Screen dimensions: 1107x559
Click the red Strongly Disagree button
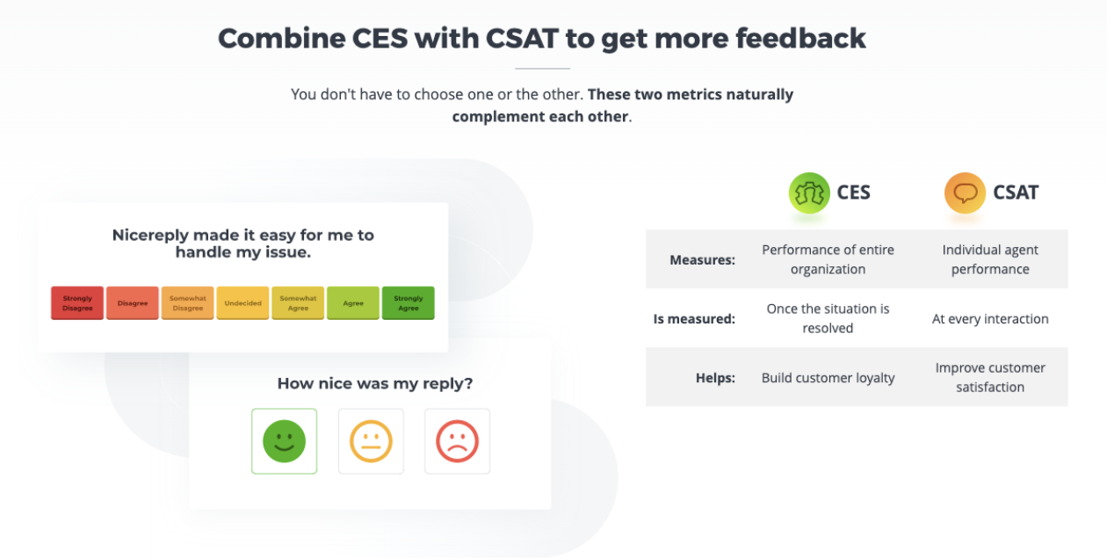click(x=77, y=303)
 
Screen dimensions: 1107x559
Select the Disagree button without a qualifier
click(x=133, y=303)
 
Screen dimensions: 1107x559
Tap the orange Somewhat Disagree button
click(x=188, y=303)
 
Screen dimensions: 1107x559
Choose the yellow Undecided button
click(x=242, y=303)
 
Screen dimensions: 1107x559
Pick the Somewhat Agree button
click(x=298, y=303)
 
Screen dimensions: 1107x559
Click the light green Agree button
click(x=353, y=303)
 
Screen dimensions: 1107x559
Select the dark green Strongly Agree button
click(x=409, y=303)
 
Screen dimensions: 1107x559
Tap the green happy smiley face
click(x=284, y=441)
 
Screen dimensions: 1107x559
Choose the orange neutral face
click(x=371, y=441)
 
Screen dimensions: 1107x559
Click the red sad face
click(x=457, y=441)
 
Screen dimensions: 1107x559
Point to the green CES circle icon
click(x=809, y=192)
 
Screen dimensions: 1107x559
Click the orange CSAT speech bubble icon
click(x=965, y=192)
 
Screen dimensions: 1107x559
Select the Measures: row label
click(x=702, y=260)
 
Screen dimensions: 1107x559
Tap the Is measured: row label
click(x=694, y=319)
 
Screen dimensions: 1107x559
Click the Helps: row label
click(x=715, y=378)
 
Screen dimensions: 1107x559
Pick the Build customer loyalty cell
click(x=828, y=378)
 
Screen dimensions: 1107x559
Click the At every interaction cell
click(x=990, y=319)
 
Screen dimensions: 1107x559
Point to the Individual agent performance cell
click(x=990, y=259)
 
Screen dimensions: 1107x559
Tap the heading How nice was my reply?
click(x=375, y=383)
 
